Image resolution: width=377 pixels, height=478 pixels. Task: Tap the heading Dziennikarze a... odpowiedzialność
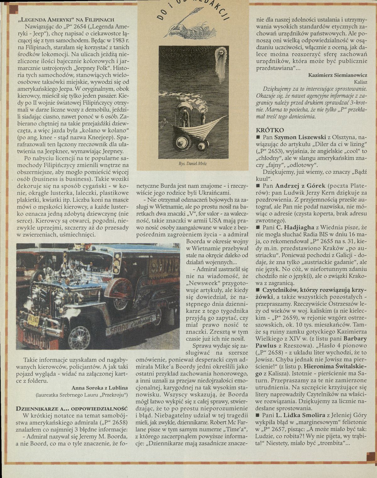tap(72, 409)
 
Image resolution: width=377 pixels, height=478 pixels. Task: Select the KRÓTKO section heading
tap(270, 130)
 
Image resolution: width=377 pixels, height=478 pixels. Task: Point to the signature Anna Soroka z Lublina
tap(100, 387)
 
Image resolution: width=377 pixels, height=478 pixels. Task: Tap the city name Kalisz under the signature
tap(360, 82)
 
